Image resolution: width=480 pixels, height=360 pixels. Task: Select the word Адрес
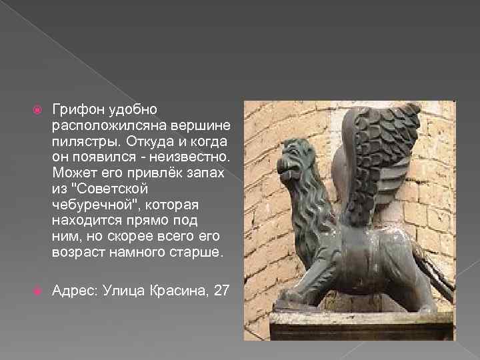click(x=73, y=291)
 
